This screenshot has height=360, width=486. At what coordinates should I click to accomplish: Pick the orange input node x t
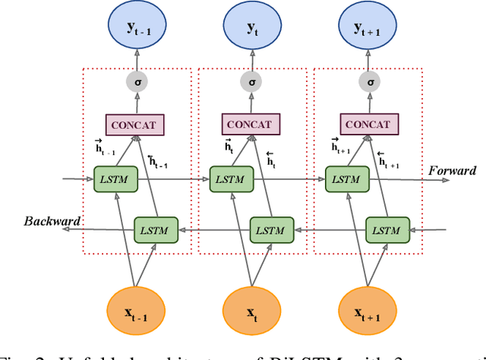pos(251,314)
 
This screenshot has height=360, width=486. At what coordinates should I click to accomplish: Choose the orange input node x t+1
pos(368,314)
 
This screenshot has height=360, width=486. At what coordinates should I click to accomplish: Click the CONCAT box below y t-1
pos(134,125)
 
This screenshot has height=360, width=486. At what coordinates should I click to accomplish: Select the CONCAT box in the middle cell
pos(251,125)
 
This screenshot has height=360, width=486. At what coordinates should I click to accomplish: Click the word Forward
pos(453,171)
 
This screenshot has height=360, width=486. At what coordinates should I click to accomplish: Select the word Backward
pos(52,222)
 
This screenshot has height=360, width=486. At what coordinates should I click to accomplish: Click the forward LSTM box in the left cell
pos(115,179)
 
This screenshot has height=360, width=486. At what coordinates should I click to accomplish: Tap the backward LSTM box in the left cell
pos(157,229)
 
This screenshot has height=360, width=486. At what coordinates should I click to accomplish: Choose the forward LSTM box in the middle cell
pos(231,179)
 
